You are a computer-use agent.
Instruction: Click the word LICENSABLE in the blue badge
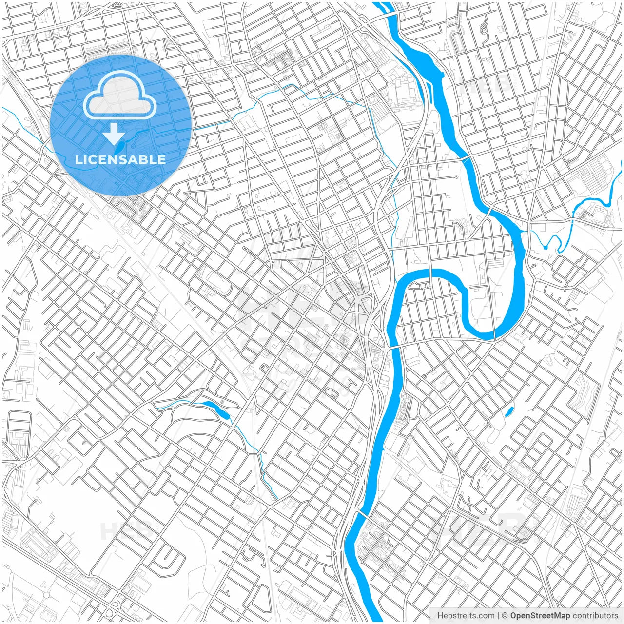coord(120,159)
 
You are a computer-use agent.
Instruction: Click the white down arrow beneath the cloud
coord(114,134)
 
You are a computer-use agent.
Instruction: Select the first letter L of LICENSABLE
coord(78,159)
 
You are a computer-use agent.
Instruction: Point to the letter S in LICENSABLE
coord(119,159)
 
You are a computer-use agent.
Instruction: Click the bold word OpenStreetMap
coord(540,616)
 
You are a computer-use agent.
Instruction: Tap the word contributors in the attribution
coord(595,616)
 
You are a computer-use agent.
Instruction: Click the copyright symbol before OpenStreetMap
coord(506,616)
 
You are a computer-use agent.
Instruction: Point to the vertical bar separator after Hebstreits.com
coord(499,616)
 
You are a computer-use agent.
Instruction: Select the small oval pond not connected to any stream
coord(509,411)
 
